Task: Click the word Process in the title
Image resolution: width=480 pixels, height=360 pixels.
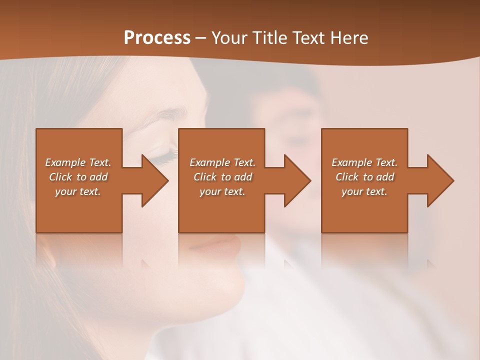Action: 157,38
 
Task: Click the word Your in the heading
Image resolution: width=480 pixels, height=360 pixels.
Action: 229,38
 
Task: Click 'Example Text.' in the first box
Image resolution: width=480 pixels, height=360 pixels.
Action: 78,162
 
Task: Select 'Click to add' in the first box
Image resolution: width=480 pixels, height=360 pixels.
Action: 78,177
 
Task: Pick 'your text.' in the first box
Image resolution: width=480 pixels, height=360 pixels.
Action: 78,191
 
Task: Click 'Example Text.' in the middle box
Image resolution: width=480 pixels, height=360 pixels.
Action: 222,162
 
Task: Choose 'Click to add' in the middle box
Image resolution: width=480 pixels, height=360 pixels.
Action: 222,177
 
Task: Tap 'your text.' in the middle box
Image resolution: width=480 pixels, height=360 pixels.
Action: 222,191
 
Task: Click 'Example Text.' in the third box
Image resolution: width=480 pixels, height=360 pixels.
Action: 364,162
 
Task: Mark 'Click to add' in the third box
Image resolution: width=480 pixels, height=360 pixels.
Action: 364,177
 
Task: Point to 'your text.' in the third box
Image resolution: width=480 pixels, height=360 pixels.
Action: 364,191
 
